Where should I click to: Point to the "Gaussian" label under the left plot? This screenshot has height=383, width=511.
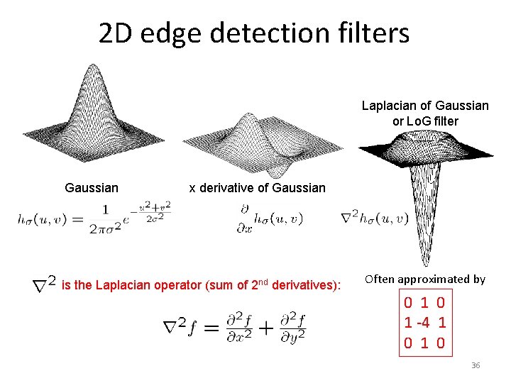[92, 188]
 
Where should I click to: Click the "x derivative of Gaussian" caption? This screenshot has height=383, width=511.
[257, 188]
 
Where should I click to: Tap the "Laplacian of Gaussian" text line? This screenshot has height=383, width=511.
[425, 106]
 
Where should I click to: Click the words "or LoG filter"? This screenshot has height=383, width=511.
[425, 121]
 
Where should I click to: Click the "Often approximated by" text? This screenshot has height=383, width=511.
[424, 279]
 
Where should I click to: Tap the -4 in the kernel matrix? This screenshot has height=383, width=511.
[424, 323]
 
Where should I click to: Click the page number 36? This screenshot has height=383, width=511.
[476, 365]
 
